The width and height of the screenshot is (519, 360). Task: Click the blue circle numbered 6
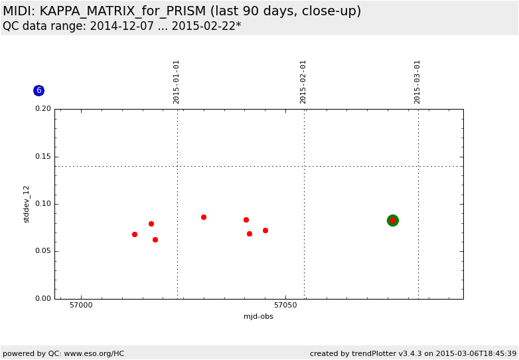click(x=38, y=90)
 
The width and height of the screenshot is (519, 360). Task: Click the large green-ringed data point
click(x=393, y=221)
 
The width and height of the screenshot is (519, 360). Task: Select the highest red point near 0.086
click(x=204, y=217)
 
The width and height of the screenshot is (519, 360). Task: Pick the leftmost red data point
click(x=135, y=234)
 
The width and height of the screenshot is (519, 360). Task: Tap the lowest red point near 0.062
click(x=155, y=240)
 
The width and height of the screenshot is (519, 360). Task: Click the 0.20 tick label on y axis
click(x=42, y=109)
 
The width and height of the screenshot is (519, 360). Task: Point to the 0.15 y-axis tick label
click(x=42, y=157)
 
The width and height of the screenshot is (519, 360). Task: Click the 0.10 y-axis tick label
click(x=42, y=204)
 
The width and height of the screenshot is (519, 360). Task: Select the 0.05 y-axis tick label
click(x=42, y=252)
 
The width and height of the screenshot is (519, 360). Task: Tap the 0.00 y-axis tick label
click(x=42, y=299)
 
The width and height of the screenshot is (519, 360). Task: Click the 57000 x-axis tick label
click(x=82, y=306)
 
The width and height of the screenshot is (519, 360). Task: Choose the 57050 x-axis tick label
click(x=286, y=306)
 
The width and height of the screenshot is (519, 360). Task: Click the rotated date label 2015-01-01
click(x=177, y=82)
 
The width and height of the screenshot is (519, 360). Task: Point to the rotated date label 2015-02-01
click(x=303, y=82)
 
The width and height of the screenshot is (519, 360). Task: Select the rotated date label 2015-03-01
click(x=417, y=82)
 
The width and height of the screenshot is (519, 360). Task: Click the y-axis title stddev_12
click(x=27, y=204)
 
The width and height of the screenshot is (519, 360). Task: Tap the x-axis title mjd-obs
click(x=258, y=317)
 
